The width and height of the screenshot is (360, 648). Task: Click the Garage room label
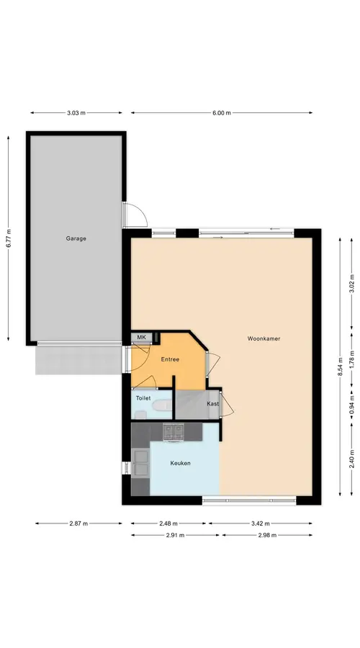[x=76, y=238]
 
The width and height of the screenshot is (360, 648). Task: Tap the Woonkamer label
[x=264, y=338]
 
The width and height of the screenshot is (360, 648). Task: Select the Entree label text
[x=170, y=359]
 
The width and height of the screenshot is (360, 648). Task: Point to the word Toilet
[x=143, y=398]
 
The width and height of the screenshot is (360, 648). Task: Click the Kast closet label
[x=213, y=404]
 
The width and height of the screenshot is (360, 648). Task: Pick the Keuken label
[x=180, y=463]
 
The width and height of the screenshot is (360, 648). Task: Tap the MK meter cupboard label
[x=142, y=338]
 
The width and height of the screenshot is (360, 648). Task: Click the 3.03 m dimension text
[x=76, y=113]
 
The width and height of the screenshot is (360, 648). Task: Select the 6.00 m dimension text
[x=222, y=113]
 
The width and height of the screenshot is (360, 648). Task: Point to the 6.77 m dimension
[x=8, y=238]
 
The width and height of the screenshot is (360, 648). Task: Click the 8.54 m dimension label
[x=340, y=366]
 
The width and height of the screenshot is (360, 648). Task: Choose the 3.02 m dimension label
[x=352, y=284]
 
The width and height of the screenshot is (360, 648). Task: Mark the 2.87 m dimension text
[x=78, y=523]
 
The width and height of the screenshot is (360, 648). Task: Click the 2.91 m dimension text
[x=175, y=535]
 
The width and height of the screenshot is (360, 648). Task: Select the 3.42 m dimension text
[x=260, y=523]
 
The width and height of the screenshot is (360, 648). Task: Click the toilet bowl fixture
[x=162, y=406]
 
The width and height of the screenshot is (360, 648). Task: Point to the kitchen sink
[x=140, y=462]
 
